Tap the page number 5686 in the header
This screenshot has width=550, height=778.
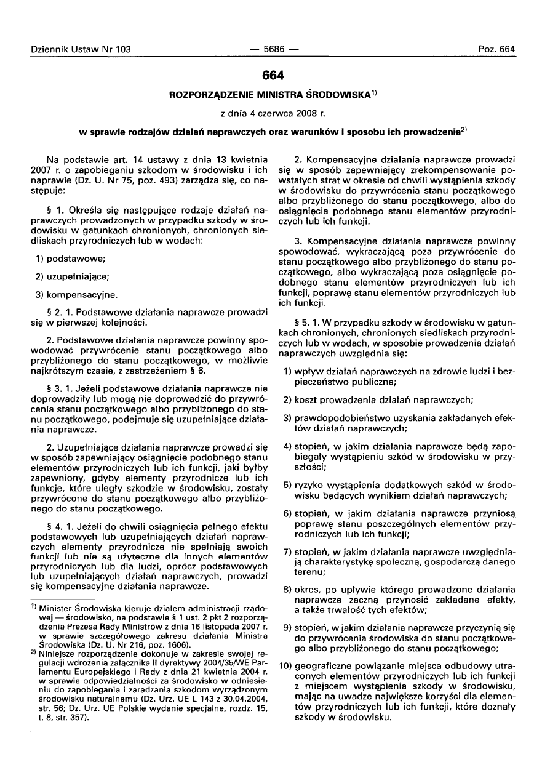click(274, 49)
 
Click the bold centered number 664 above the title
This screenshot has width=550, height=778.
click(273, 76)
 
